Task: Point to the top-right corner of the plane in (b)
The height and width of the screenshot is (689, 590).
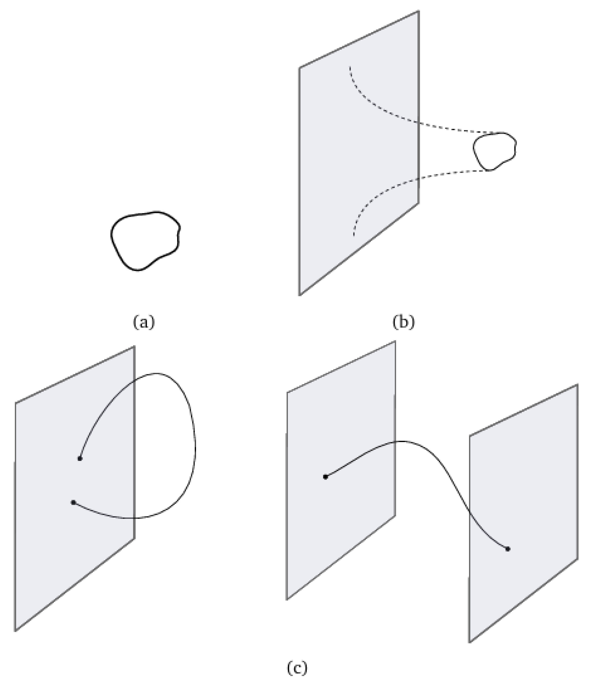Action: click(418, 11)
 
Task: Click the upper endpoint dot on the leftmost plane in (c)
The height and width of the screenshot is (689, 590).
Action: click(80, 459)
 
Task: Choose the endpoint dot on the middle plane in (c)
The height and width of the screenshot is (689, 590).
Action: click(326, 477)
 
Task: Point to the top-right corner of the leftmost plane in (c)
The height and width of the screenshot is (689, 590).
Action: click(134, 346)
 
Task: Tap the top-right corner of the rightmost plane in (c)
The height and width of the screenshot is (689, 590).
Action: click(577, 385)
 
